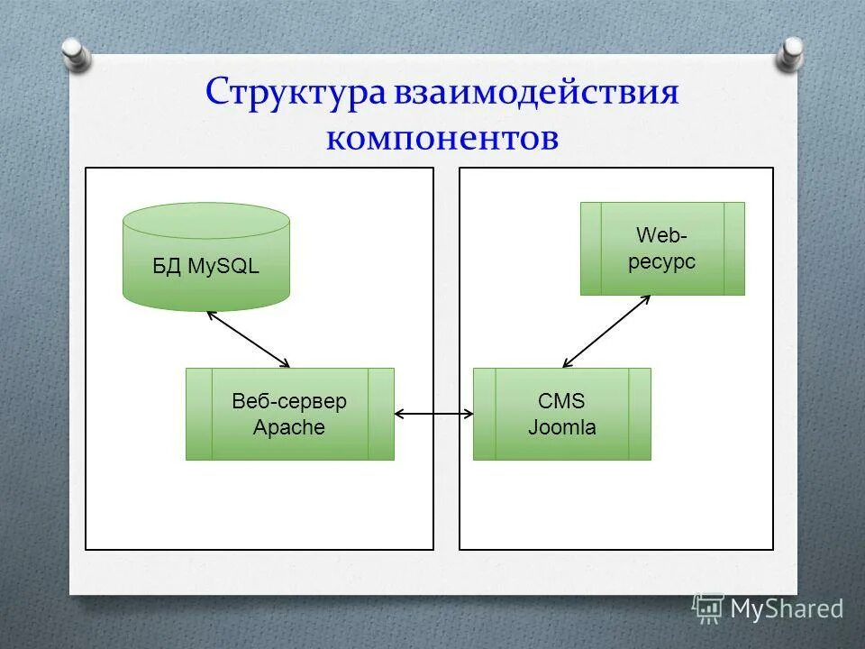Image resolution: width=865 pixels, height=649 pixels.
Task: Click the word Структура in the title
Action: pos(296,94)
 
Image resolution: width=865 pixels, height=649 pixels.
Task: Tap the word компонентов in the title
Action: pos(442,138)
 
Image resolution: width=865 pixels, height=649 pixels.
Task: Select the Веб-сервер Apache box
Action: pos(289,414)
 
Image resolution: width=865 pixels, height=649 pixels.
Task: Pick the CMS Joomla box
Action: pos(561,414)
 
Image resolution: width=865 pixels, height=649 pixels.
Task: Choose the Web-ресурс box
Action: pos(662,248)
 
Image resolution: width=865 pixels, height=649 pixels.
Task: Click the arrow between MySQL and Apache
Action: pos(249,339)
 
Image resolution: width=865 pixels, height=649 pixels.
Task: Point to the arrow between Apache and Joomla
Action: pos(433,414)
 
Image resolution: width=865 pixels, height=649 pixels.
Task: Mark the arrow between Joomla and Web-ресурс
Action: pos(605,331)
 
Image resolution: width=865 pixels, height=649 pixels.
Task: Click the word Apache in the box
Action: pos(289,427)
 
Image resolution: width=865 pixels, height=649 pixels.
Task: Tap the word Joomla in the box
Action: pos(561,427)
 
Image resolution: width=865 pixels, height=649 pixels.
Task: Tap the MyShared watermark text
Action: pos(786,608)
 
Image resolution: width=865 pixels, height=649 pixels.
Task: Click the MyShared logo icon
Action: pos(708,608)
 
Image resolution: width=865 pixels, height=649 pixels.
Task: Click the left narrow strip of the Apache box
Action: pos(199,414)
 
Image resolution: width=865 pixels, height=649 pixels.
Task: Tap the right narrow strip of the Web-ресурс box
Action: pos(733,248)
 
